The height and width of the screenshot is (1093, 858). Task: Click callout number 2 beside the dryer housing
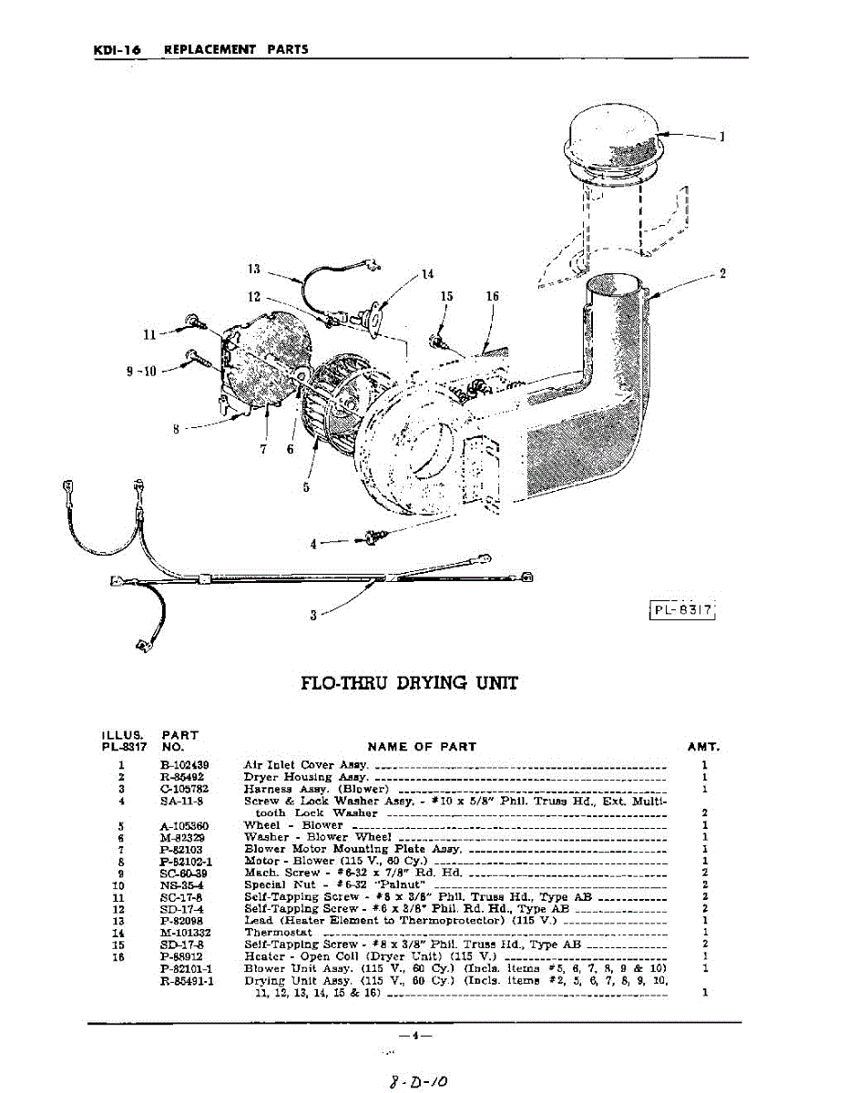722,273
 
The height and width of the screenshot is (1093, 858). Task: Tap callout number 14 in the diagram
428,274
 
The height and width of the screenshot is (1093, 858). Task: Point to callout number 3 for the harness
313,615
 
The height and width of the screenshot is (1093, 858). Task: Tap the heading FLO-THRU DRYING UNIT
409,682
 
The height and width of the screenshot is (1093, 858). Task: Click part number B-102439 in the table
186,765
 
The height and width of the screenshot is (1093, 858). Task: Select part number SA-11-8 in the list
181,802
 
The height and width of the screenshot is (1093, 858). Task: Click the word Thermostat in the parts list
278,933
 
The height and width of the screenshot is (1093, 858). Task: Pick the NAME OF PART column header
422,747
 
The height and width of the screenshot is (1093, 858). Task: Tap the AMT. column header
703,747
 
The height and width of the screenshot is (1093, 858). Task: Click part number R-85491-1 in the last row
186,981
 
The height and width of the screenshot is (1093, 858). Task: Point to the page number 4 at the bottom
414,1036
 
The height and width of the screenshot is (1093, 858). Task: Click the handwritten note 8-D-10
418,1081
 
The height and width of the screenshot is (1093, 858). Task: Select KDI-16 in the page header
117,49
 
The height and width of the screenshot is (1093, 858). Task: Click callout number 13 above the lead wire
254,269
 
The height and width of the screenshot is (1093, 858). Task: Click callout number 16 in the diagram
492,296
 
